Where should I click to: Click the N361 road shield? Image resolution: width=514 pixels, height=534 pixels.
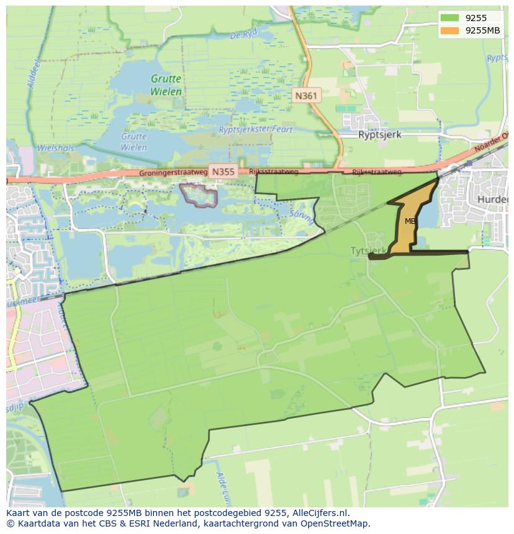(x=305, y=96)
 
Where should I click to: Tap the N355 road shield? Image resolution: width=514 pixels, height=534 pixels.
(x=222, y=172)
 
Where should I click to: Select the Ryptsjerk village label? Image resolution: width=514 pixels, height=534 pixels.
(x=380, y=134)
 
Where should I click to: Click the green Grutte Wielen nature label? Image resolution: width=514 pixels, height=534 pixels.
(x=166, y=85)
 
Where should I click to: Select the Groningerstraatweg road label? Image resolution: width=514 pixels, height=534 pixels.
(x=171, y=173)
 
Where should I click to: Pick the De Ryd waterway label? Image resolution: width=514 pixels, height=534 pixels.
(x=243, y=35)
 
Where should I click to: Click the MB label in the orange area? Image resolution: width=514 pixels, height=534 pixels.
(x=410, y=221)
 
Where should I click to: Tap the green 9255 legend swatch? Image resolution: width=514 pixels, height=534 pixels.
(x=450, y=18)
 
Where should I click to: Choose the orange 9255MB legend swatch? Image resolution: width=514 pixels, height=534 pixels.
(x=450, y=30)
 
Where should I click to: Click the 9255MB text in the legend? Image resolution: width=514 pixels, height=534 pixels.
(x=482, y=30)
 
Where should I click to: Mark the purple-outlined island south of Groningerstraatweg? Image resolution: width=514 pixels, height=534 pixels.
(x=199, y=195)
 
